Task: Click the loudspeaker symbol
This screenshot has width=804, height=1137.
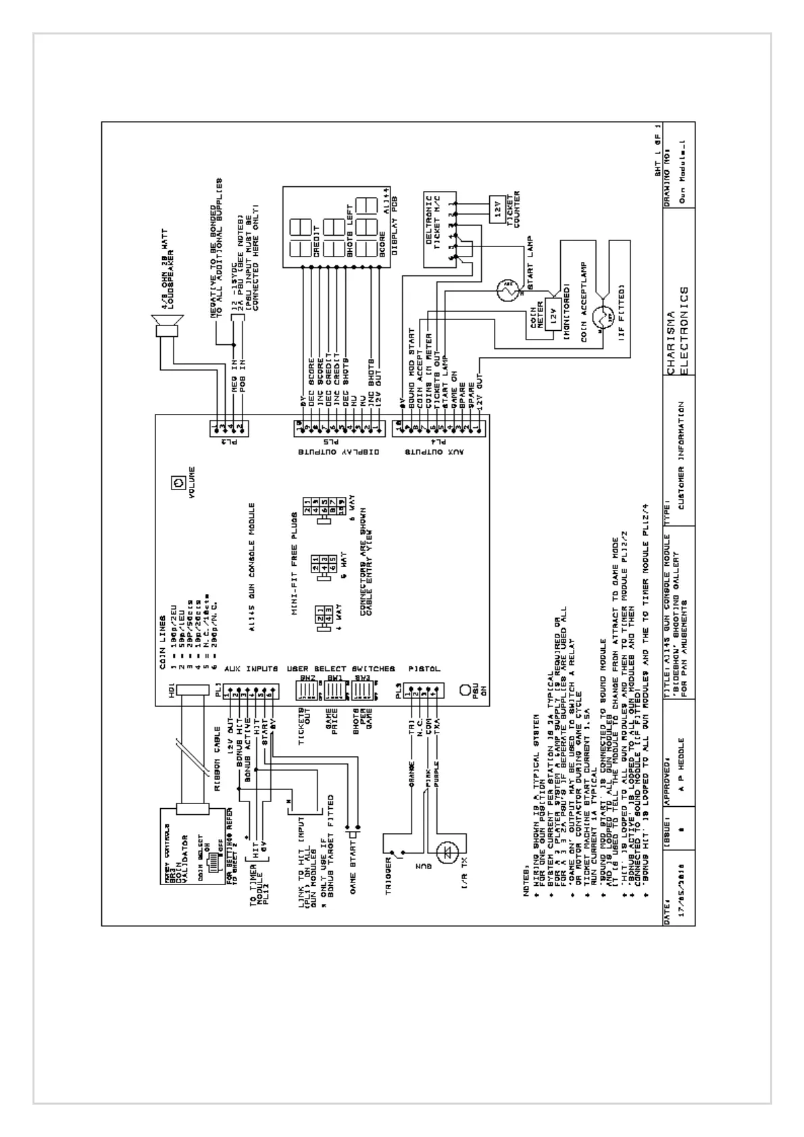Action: pos(165,330)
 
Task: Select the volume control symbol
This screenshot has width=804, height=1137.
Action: pos(178,483)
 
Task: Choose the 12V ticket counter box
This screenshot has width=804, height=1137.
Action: pos(497,211)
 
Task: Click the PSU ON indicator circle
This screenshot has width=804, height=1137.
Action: pos(465,690)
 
